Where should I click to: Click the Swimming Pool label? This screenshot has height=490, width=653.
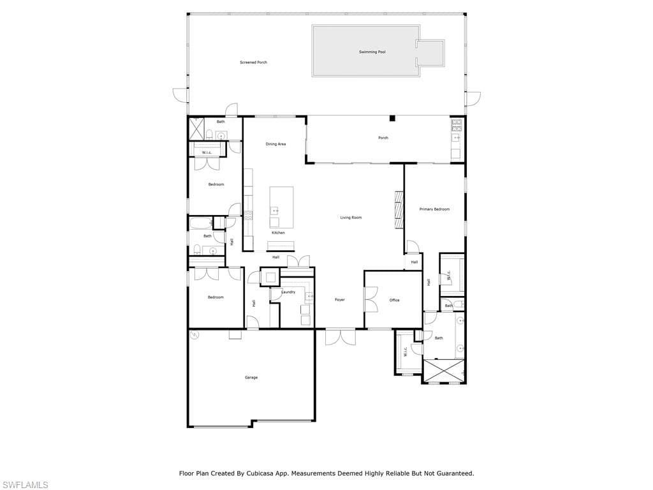(x=372, y=52)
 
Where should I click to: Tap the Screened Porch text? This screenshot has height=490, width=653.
(x=254, y=63)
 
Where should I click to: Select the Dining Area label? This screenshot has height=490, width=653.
(x=275, y=144)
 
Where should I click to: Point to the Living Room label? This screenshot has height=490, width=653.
(x=351, y=218)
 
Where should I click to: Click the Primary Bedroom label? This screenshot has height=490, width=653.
(x=434, y=209)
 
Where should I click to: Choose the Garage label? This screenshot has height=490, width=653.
(x=251, y=378)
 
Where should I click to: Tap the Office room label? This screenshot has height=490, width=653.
(x=394, y=300)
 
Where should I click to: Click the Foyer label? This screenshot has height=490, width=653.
(x=340, y=300)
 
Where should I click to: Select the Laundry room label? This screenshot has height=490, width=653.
(x=288, y=292)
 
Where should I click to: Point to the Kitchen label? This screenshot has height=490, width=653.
(x=278, y=232)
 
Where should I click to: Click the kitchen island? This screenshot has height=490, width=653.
(x=281, y=207)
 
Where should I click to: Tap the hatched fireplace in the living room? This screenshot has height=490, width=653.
(x=399, y=210)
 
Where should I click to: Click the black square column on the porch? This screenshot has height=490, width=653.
(x=392, y=119)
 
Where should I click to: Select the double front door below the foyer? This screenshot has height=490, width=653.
(x=341, y=337)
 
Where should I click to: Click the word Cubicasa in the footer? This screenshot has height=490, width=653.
(x=259, y=473)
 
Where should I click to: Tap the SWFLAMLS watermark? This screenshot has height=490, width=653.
(x=24, y=485)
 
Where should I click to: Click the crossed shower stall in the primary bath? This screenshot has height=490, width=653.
(x=444, y=371)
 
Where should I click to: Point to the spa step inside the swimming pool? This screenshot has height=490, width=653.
(x=430, y=53)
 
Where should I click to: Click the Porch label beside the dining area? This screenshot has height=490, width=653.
(x=383, y=138)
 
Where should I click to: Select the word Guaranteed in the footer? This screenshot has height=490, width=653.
(x=457, y=473)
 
